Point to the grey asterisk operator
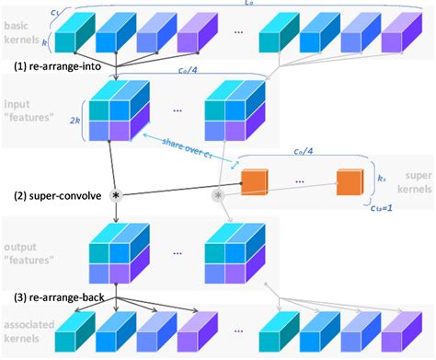(x=219, y=196)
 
